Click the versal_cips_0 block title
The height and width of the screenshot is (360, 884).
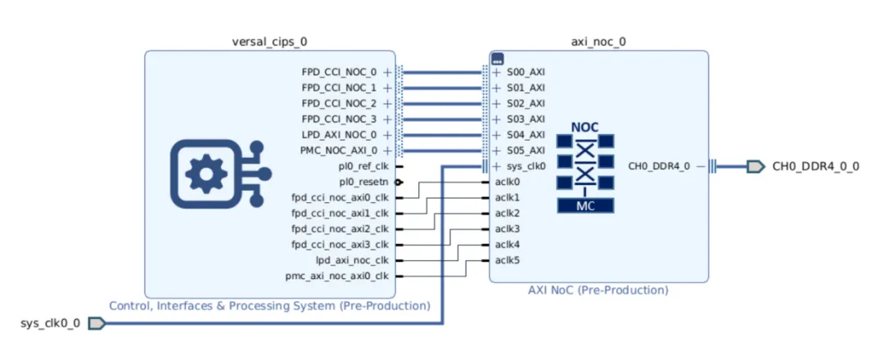click(270, 41)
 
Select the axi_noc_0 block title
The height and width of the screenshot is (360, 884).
click(598, 41)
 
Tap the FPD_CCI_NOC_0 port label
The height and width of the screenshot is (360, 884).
click(339, 72)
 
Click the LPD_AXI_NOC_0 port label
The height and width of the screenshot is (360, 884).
click(339, 135)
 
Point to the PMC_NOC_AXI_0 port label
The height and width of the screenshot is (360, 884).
click(339, 151)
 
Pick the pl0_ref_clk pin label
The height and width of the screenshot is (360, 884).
click(363, 166)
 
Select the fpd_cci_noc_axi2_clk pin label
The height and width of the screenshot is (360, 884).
click(340, 229)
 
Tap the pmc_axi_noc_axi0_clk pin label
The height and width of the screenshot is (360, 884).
click(337, 276)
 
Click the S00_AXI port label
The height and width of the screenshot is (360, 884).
click(525, 72)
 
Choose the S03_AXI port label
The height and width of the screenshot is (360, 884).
click(525, 119)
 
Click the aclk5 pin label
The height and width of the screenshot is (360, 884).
click(507, 260)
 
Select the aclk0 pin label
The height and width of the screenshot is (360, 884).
click(507, 182)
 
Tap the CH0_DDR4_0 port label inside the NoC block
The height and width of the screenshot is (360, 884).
click(659, 166)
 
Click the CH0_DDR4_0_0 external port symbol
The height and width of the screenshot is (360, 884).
click(755, 166)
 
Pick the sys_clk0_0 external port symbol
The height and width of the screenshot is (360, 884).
click(97, 323)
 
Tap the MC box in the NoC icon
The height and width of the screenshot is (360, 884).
click(585, 206)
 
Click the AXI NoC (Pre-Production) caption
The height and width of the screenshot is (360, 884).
click(598, 290)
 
